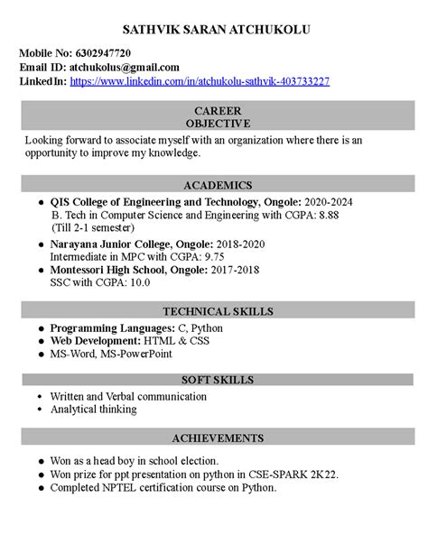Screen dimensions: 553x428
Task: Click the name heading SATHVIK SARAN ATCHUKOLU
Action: click(x=215, y=31)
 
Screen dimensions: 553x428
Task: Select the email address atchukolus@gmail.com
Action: click(x=125, y=68)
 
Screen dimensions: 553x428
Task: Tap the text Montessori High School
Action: click(x=107, y=270)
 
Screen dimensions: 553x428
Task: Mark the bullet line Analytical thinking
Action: click(x=93, y=410)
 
